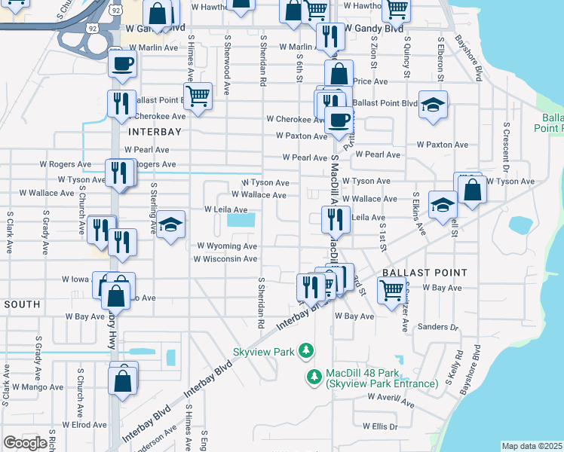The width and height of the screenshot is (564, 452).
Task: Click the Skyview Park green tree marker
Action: tap(305, 350)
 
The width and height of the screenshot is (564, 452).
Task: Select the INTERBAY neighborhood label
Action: tap(155, 131)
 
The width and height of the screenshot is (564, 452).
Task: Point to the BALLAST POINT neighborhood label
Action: tap(425, 272)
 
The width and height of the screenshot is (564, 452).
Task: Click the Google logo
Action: tap(25, 443)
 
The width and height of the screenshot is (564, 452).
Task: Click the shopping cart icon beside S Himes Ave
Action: tap(198, 96)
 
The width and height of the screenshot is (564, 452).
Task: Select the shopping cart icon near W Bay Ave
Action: tap(391, 289)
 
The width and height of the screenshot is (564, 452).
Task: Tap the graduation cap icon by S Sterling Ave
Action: tap(171, 224)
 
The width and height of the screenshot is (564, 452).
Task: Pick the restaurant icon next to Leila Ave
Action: tap(335, 218)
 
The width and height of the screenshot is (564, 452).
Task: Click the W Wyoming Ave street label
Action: tap(227, 246)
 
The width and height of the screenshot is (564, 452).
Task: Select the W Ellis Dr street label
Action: tap(380, 426)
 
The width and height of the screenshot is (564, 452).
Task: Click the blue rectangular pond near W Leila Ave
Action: tap(241, 221)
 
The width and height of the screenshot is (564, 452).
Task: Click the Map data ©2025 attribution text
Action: tap(532, 446)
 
